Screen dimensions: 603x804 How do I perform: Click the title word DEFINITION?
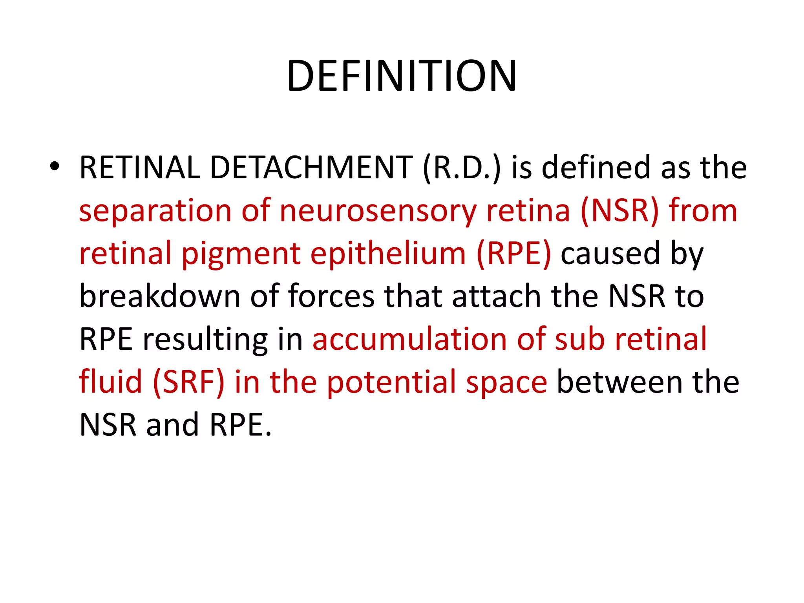point(402,76)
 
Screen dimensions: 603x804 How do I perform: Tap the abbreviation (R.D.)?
point(462,168)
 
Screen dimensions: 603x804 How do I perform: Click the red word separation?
point(155,211)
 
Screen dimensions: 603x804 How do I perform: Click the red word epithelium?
point(388,254)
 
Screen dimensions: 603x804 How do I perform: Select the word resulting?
point(205,339)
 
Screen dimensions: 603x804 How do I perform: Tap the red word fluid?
point(110,382)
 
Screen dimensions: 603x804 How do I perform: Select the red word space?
point(506,382)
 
